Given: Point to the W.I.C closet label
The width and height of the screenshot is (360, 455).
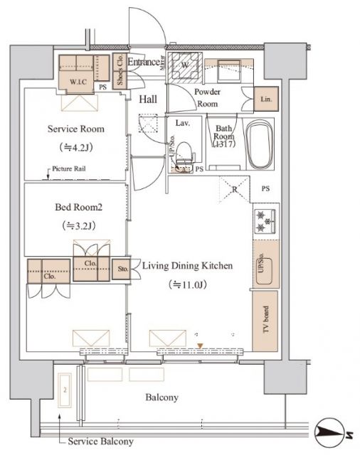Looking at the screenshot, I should coord(78,82).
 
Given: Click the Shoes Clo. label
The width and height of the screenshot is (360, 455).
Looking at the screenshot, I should coord(120,70).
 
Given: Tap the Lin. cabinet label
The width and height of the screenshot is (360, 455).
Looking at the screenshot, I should coord(266,99).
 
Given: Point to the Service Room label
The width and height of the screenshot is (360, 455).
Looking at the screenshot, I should coord(75,129).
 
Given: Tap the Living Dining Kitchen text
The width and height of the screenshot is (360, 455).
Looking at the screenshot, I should coord(187,266).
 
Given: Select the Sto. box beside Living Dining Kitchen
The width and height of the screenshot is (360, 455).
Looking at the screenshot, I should coord(121,269).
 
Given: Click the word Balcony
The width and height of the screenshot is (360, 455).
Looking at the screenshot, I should coord(162,397).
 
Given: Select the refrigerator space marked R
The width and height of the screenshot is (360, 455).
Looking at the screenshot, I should coord(234,188).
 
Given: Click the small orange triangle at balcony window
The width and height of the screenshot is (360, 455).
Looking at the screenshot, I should coord(201,346).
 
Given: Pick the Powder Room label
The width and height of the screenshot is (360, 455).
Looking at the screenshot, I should coord(208,97).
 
